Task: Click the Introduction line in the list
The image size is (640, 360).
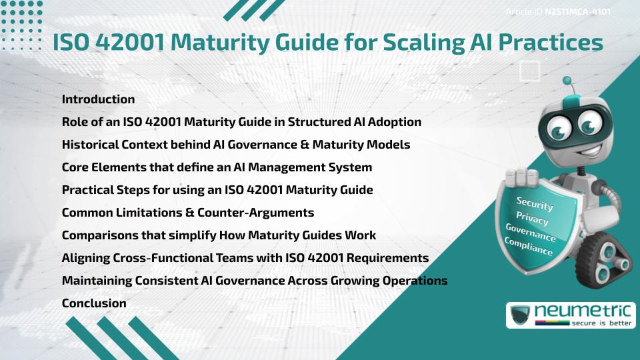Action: [x=98, y=99]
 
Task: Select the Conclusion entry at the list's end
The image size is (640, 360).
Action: [x=94, y=303]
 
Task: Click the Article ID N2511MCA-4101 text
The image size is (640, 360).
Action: [x=559, y=11]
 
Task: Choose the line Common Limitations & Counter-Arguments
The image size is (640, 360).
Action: [x=187, y=213]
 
